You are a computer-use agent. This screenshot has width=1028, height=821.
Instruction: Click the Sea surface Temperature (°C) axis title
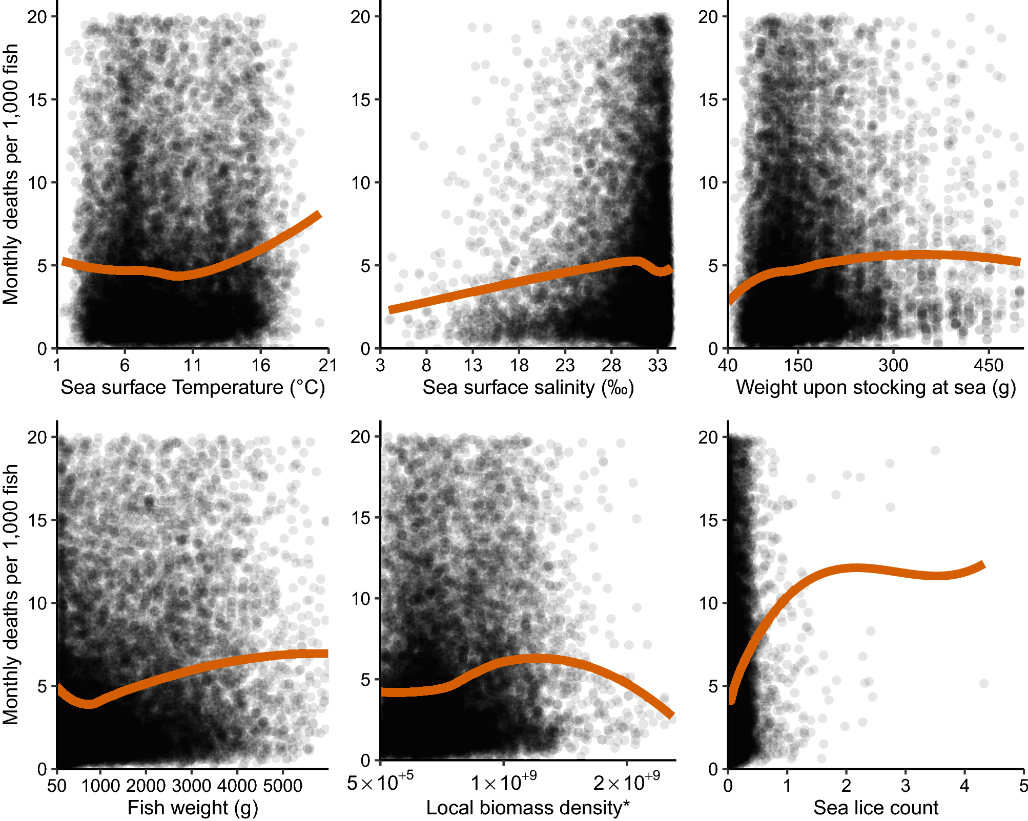[x=193, y=388]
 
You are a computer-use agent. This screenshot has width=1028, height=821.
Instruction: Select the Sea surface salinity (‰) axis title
[x=528, y=388]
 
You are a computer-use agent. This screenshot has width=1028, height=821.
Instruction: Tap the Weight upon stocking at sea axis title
[x=875, y=388]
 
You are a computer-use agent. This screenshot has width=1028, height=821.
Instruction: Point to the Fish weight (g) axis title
[x=193, y=808]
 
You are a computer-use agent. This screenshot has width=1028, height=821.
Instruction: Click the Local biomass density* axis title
[x=528, y=808]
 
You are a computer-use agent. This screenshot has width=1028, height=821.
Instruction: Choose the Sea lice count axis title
[x=875, y=808]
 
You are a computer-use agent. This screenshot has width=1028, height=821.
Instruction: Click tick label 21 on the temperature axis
[x=328, y=365]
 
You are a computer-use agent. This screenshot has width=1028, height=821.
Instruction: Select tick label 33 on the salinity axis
[x=657, y=365]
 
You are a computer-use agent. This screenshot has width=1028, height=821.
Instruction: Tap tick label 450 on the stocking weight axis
[x=989, y=365]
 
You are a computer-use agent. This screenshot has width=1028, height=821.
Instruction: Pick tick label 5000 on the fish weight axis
[x=283, y=785]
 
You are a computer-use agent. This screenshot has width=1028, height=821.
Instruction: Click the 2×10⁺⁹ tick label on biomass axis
[x=626, y=783]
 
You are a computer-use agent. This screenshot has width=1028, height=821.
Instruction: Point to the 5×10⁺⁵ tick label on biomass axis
[x=380, y=783]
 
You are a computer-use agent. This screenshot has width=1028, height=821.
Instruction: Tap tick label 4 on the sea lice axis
[x=964, y=785]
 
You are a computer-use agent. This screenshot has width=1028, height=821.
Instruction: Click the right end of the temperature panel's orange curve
[x=319, y=215]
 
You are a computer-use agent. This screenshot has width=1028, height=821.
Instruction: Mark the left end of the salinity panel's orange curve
[x=390, y=309]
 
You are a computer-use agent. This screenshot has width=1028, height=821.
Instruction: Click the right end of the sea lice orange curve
[x=983, y=565]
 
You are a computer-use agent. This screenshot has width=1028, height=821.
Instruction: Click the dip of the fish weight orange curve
[x=90, y=704]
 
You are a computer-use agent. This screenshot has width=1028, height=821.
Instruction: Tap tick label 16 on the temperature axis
[x=260, y=365]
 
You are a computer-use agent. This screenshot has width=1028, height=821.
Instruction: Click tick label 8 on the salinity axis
[x=426, y=365]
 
